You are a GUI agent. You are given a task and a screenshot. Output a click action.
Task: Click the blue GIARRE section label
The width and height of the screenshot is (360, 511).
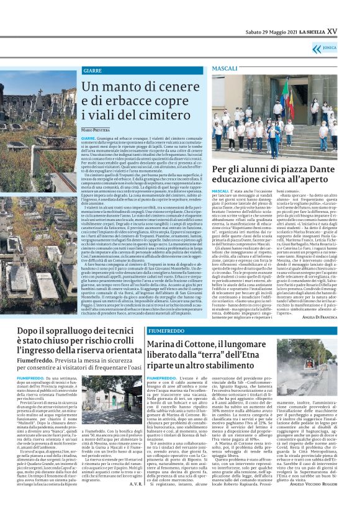coord(92,71)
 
